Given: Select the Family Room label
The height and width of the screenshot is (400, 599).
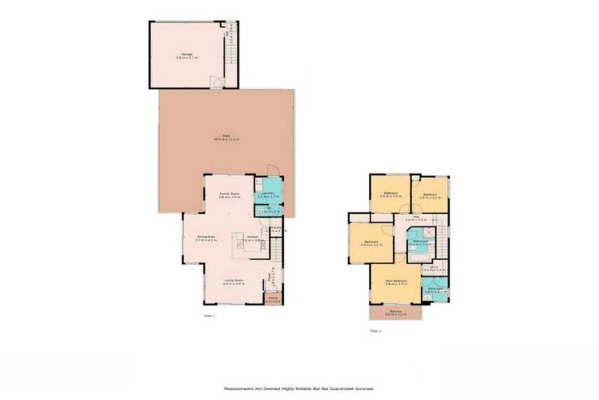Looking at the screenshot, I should [229, 195].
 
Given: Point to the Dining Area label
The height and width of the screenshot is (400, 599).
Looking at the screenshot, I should [205, 236].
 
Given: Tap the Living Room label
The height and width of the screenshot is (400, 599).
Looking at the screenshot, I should [234, 282].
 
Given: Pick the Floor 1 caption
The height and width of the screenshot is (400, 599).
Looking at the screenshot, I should [209, 316].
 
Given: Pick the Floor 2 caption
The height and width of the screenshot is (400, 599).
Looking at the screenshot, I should [376, 330].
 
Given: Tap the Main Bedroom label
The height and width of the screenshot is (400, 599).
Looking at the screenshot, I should [396, 281].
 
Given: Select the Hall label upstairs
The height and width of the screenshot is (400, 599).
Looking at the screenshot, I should [417, 218].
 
